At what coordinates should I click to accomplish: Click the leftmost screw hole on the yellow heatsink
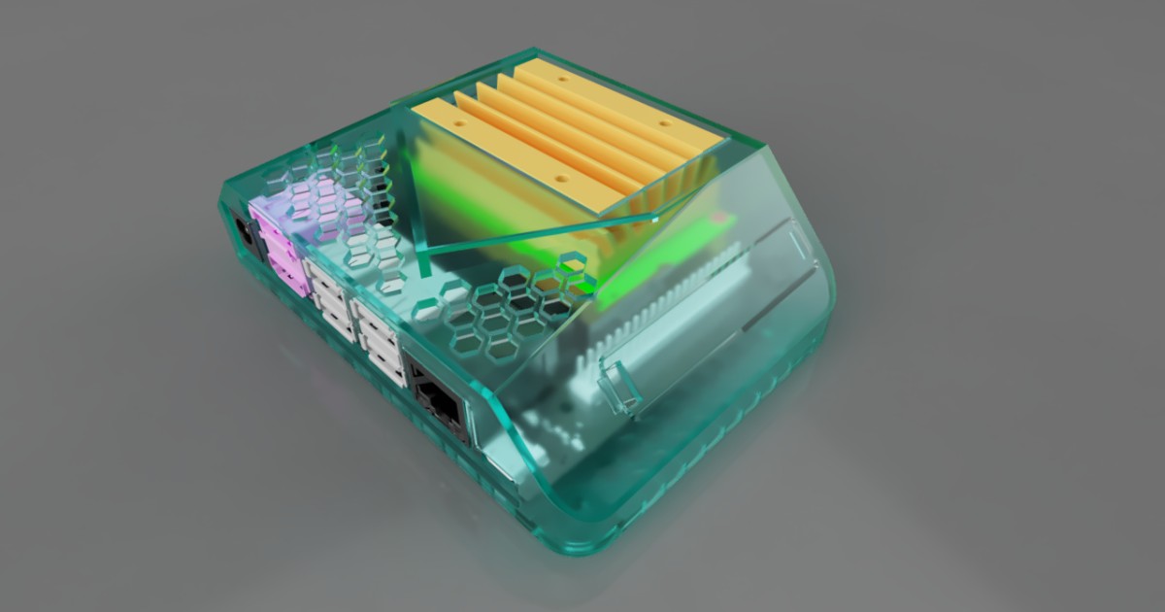(462, 126)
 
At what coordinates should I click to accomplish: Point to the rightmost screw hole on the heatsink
(664, 123)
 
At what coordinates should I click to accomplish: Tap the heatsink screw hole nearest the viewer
(562, 180)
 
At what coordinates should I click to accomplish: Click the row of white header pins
(660, 301)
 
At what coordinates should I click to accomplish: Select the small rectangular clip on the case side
(622, 385)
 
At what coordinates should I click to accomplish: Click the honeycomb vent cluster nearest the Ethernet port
(505, 311)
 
